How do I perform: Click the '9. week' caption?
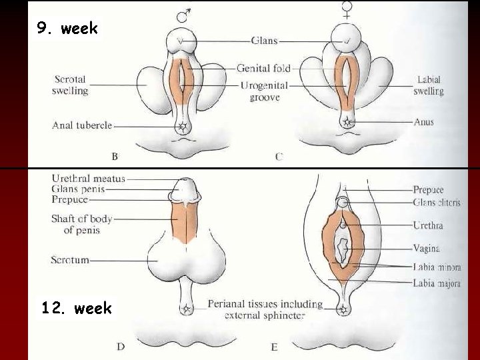coord(67,29)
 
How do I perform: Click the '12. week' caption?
coord(76,309)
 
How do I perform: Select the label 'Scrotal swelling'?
coord(70,85)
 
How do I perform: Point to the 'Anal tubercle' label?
coord(82,124)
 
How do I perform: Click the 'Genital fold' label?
coord(263,68)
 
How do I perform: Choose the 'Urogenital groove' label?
coord(265,92)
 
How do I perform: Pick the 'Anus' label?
coord(423,122)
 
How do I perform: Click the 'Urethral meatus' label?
coord(88,179)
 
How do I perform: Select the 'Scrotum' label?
coord(69,260)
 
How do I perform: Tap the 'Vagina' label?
coord(426,249)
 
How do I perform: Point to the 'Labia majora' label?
coord(437,283)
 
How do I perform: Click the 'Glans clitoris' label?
coord(437,203)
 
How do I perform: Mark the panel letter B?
coord(115,157)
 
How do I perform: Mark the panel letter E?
coord(274,346)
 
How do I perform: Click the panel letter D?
coord(120,346)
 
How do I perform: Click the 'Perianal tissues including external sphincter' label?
coord(265,309)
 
